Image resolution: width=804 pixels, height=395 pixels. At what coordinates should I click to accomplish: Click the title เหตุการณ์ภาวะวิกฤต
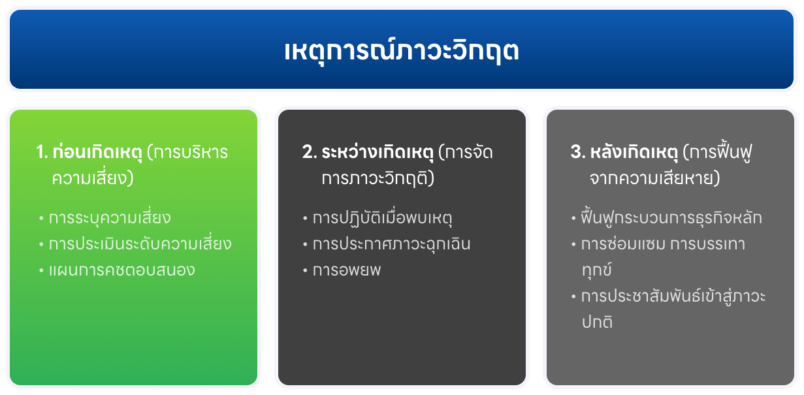[x=402, y=51]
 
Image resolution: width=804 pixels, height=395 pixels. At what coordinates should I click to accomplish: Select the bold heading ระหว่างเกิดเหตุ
[x=378, y=153]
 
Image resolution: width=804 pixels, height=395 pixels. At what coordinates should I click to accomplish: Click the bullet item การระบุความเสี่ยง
[x=110, y=217]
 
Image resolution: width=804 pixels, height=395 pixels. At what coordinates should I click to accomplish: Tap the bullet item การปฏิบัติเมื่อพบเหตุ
[x=383, y=217]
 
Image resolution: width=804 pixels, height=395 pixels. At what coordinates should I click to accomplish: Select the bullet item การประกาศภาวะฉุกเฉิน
[x=391, y=244]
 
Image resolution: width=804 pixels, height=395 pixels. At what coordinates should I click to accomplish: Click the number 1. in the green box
[x=42, y=153]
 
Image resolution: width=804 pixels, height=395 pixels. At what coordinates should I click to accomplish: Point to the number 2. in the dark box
[x=309, y=153]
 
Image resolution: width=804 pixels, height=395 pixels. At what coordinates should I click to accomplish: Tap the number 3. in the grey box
[x=577, y=153]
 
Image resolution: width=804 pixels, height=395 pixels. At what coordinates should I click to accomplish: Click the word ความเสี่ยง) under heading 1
[x=93, y=178]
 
